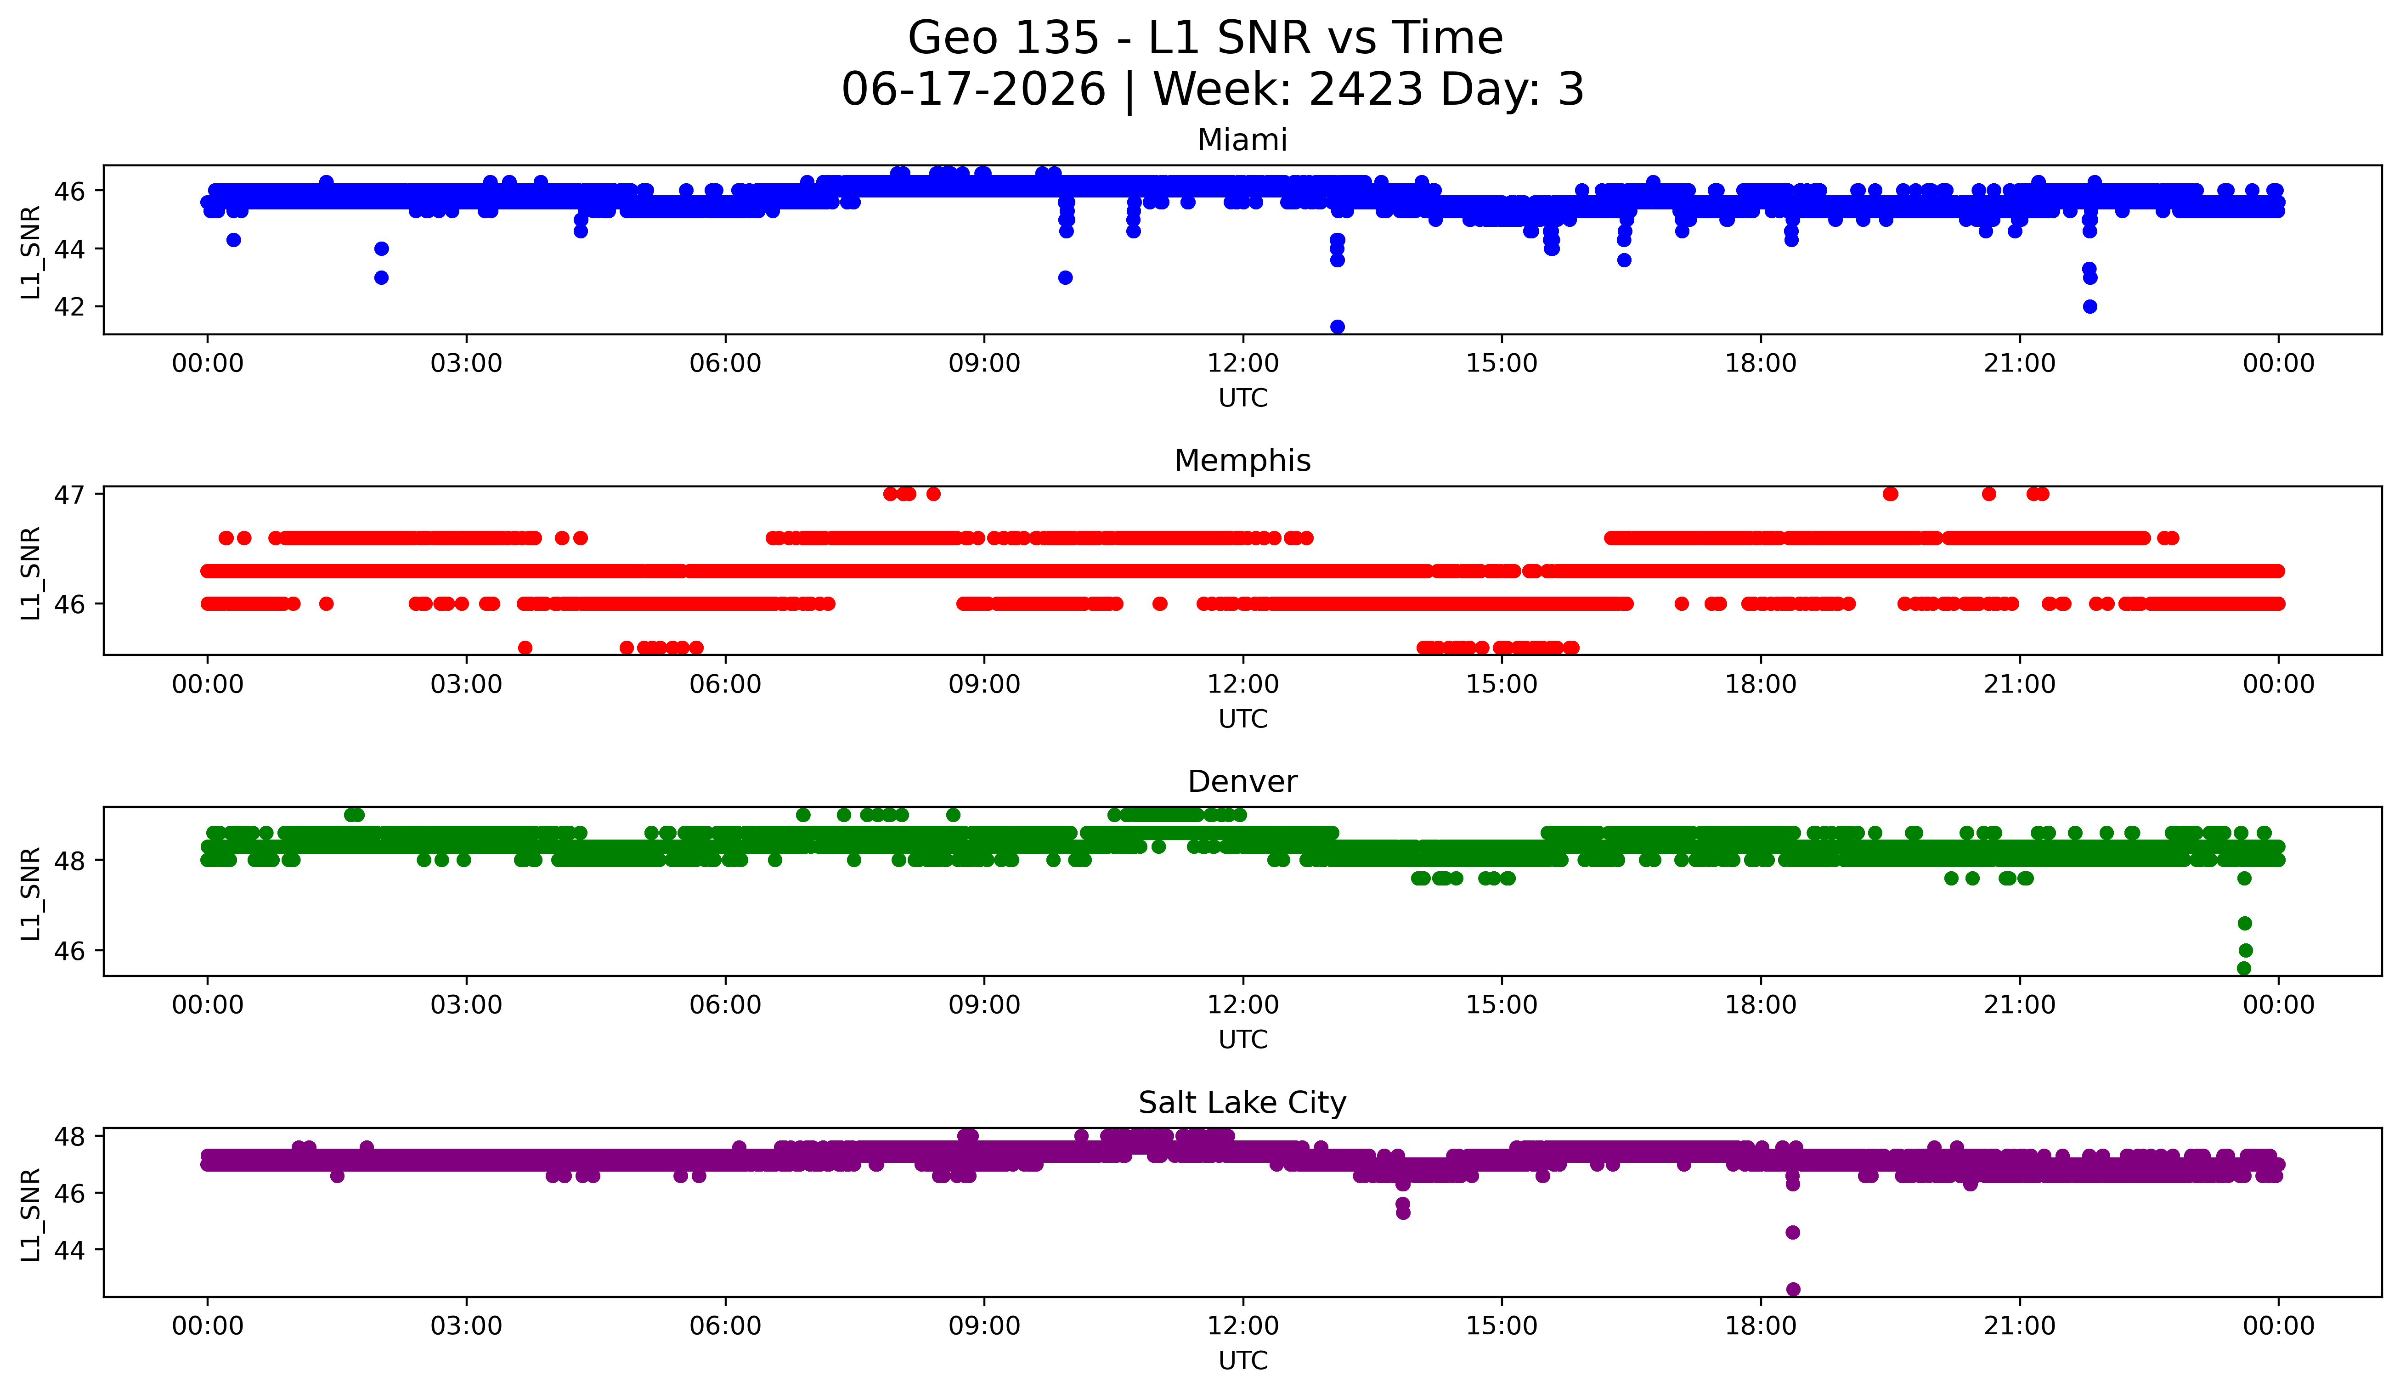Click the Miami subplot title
1242,140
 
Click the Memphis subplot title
1242,461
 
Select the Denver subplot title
1242,782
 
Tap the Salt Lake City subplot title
1242,1103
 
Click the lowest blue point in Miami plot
1337,327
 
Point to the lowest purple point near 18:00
1792,1289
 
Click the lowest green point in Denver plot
2244,968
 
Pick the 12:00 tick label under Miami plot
1243,363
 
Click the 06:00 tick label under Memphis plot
726,684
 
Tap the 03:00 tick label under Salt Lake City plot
467,1325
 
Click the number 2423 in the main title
1366,89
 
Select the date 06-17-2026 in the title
973,89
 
